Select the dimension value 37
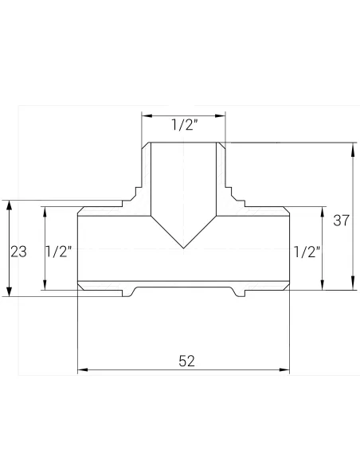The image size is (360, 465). (x=341, y=221)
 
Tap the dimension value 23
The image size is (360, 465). (x=19, y=252)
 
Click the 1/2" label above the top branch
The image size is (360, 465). (x=184, y=125)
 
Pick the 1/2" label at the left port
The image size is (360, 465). (x=60, y=252)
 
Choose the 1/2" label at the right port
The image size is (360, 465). (x=307, y=252)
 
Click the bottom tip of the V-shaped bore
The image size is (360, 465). (x=184, y=248)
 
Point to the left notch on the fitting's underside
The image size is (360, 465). (x=128, y=292)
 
